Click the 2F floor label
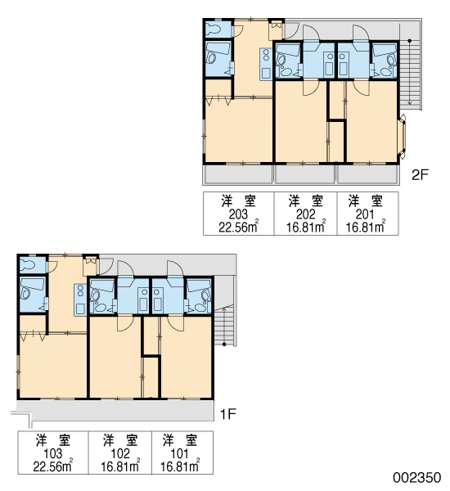(x=420, y=175)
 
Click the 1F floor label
(x=228, y=414)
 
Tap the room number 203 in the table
(x=238, y=214)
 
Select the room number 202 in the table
(x=306, y=214)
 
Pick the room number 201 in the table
(x=365, y=214)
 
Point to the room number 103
(x=53, y=453)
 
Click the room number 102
(x=120, y=453)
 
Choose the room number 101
(x=180, y=453)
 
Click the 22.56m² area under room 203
(x=239, y=227)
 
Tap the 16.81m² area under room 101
(x=180, y=466)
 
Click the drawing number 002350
(x=416, y=478)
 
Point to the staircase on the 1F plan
(x=224, y=327)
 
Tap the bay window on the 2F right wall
(x=403, y=137)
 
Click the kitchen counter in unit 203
(x=266, y=65)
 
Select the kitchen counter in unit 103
(x=80, y=300)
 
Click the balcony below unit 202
(x=304, y=174)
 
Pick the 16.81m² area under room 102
(x=120, y=466)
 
